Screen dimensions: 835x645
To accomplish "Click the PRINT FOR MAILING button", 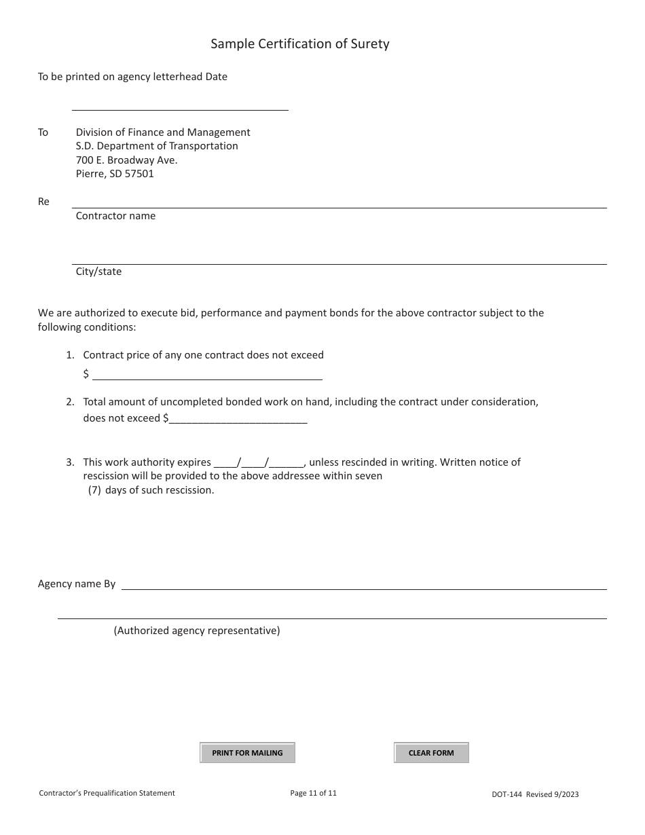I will [x=247, y=753].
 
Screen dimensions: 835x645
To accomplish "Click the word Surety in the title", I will [x=371, y=44].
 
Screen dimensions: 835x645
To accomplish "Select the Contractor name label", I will [x=115, y=216].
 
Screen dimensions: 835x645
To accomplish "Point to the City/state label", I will [x=98, y=272].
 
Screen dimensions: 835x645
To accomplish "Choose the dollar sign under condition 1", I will [x=86, y=374].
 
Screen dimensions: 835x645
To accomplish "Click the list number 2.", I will [x=70, y=402].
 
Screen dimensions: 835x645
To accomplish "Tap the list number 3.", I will [x=70, y=462].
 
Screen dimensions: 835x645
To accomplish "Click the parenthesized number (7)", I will [x=95, y=490].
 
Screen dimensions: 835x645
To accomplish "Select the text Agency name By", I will [x=77, y=584].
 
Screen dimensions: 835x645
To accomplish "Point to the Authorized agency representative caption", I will [x=197, y=631].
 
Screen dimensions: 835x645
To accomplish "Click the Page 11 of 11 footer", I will [x=313, y=793].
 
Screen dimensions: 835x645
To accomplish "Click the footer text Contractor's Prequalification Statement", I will [x=107, y=793].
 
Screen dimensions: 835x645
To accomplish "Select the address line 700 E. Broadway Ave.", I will [x=126, y=160].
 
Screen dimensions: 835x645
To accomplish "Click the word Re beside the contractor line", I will [x=43, y=202].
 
